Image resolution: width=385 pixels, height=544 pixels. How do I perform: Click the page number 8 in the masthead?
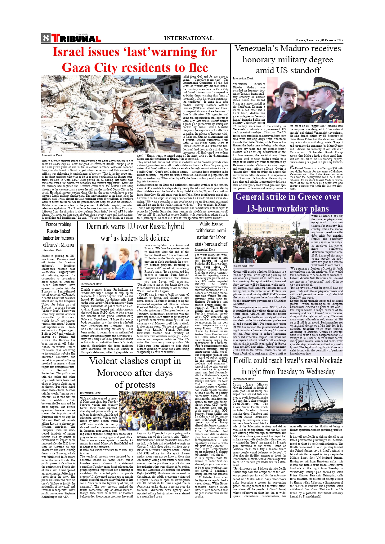point(46,38)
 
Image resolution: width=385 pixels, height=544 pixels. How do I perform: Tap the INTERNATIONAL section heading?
point(188,38)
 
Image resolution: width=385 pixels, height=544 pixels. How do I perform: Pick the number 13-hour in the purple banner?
point(264,208)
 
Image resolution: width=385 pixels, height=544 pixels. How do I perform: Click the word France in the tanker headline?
point(52,224)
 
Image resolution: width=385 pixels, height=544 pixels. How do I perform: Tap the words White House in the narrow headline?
point(211,224)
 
